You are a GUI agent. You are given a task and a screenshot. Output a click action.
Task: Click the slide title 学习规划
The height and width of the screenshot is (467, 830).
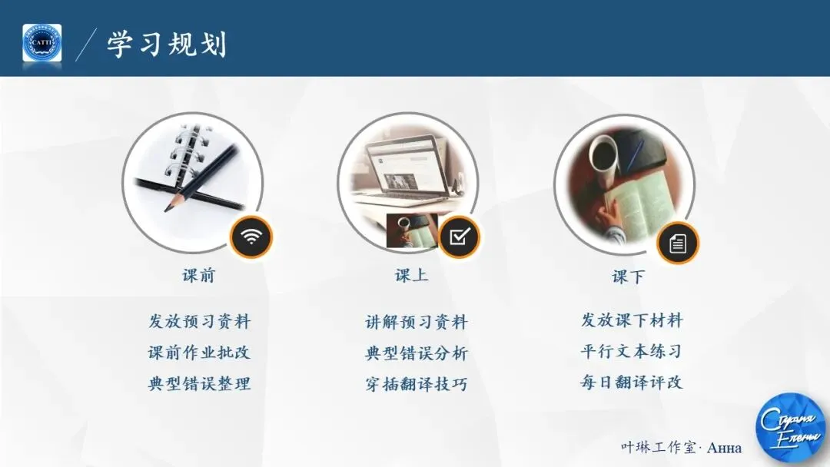click(167, 45)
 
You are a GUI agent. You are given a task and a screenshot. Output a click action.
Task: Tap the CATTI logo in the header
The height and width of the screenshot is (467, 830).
click(42, 44)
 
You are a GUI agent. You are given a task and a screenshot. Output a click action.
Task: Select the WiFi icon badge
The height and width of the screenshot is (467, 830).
click(251, 237)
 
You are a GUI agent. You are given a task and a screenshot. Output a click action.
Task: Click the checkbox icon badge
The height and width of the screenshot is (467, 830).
click(459, 237)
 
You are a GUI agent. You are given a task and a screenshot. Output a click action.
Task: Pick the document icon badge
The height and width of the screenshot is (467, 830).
click(678, 243)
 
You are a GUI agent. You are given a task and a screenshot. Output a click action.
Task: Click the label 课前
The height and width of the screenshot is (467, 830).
click(199, 276)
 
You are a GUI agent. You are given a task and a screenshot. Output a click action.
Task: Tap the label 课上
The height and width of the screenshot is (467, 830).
click(412, 275)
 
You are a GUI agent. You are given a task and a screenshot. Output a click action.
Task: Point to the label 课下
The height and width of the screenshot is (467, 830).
click(629, 277)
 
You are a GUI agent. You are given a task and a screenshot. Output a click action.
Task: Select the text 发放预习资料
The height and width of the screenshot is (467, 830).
click(199, 321)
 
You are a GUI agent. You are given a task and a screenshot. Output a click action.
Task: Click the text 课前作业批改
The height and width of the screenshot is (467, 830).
click(199, 353)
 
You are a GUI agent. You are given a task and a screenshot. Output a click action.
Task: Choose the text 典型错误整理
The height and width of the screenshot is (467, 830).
click(199, 383)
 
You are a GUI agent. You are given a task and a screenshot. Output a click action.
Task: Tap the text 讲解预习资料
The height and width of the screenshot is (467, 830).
click(416, 323)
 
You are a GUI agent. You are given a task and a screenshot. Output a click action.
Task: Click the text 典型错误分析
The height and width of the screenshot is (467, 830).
click(416, 354)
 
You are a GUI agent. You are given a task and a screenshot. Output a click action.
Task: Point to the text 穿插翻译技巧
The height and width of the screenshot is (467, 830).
click(416, 385)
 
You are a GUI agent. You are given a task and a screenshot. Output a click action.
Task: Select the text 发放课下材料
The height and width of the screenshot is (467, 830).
click(632, 320)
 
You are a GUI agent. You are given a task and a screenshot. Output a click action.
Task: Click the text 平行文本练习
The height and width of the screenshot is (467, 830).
click(631, 352)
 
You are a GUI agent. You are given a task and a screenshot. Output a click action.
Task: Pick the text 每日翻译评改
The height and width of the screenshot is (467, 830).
click(631, 382)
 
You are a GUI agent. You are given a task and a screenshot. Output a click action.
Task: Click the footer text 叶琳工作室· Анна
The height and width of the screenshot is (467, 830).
click(681, 447)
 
